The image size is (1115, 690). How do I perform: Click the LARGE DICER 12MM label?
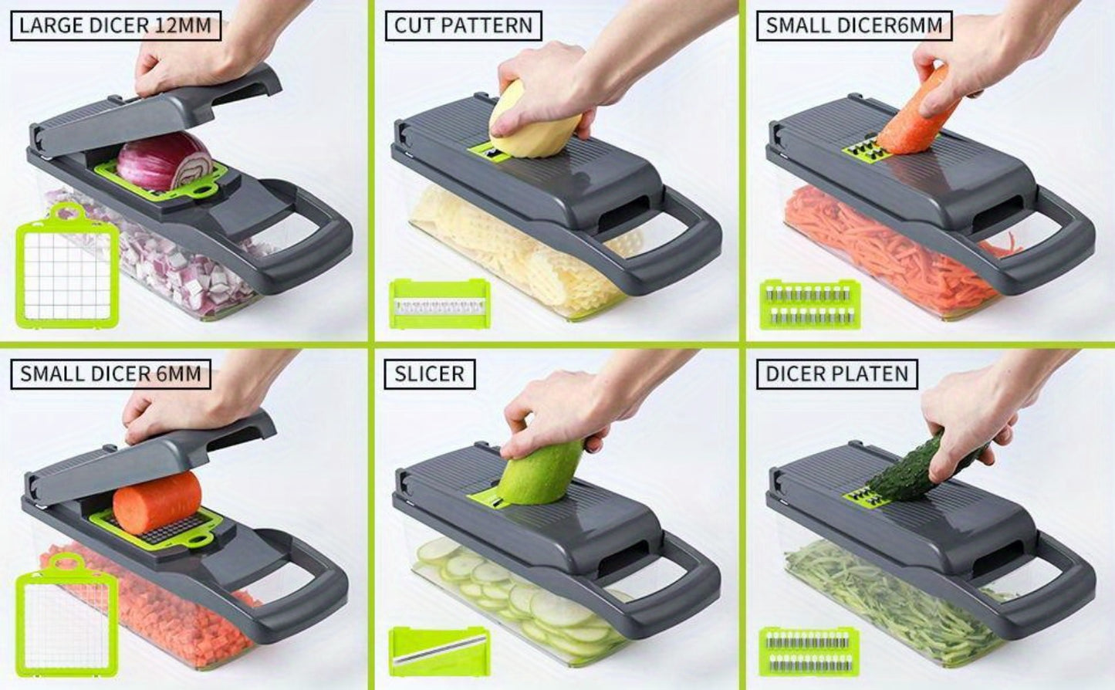[x=116, y=25]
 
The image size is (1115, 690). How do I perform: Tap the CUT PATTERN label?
[x=464, y=25]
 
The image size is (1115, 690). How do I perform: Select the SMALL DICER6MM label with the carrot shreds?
[x=854, y=25]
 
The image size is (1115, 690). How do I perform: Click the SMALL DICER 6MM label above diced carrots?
[x=110, y=374]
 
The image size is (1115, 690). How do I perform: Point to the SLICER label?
[x=430, y=374]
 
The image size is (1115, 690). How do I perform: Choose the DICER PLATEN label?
[x=836, y=374]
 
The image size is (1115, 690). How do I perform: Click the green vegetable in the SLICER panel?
[x=540, y=472]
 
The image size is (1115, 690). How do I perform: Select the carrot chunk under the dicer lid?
[x=157, y=500]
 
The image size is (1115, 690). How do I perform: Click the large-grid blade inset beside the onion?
[x=67, y=266]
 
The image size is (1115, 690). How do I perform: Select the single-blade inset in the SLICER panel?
[x=440, y=652]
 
